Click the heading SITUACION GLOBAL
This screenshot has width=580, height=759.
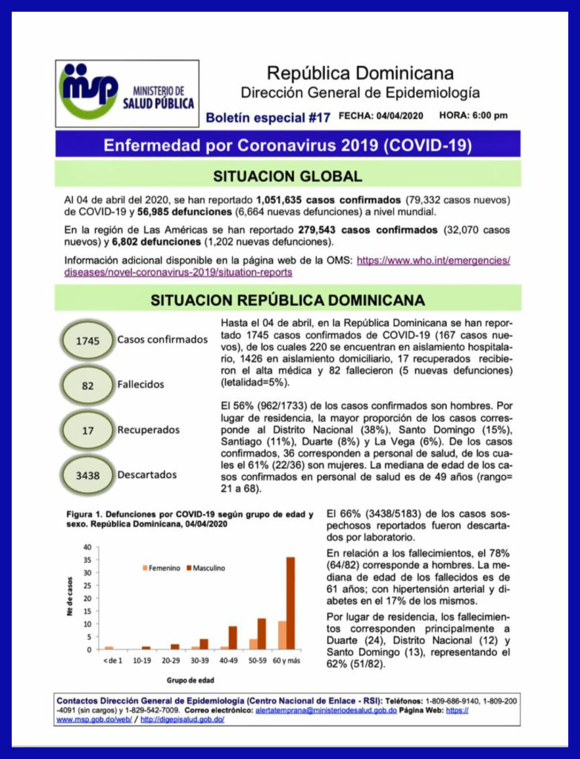(x=288, y=176)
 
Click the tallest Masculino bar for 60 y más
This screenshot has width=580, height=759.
(x=290, y=603)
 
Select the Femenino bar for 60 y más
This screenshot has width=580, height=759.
(x=282, y=635)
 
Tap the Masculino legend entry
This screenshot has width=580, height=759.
(x=205, y=568)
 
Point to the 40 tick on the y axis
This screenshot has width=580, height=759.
(x=87, y=547)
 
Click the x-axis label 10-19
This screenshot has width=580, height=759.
(x=141, y=659)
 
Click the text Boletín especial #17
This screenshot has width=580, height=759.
(x=267, y=117)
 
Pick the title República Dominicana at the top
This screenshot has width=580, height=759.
(x=360, y=73)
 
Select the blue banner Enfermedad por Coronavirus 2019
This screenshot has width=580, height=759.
(x=288, y=144)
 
